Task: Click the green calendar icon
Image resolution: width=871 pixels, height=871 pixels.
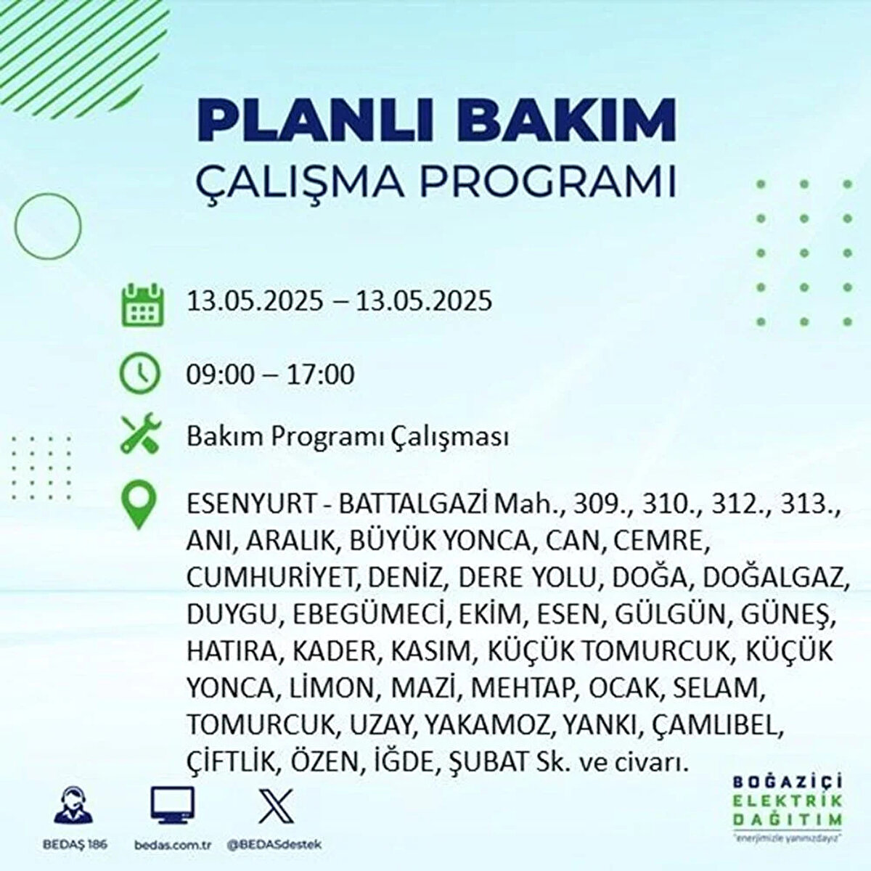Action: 143,305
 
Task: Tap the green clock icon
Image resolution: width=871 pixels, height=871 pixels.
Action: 139,373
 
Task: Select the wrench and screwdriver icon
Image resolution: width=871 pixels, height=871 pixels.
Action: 141,433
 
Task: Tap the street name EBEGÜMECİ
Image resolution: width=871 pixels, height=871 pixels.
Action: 367,615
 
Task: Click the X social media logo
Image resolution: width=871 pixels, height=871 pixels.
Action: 276,806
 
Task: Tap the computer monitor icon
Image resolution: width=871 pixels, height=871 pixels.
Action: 172,806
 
